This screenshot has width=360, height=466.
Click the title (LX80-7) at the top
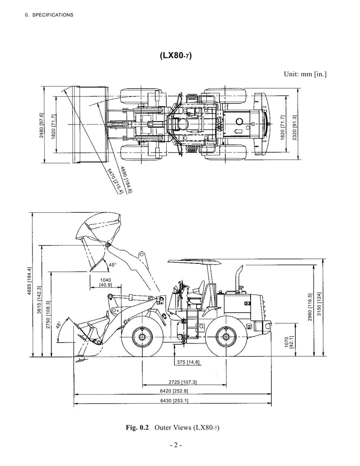[x=176, y=56]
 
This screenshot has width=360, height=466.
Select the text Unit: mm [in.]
[x=305, y=74]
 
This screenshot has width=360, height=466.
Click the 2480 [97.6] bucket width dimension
[x=41, y=126]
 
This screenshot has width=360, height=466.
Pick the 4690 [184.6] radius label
[x=126, y=179]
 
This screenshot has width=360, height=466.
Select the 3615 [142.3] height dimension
[x=39, y=300]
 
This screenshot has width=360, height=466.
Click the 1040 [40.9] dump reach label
[x=105, y=282]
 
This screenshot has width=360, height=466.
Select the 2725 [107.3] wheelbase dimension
[x=183, y=382]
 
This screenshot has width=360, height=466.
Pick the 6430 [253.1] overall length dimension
[x=174, y=401]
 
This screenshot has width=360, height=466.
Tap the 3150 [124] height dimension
[x=319, y=304]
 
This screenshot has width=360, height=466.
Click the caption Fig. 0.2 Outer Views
[x=173, y=428]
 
